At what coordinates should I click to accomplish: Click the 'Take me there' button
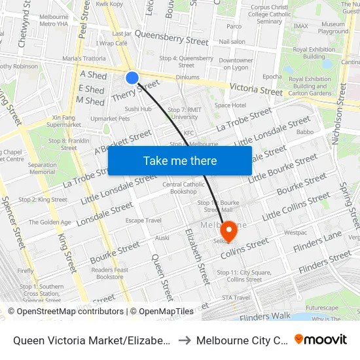(x=180, y=160)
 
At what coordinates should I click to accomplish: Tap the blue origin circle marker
(x=132, y=79)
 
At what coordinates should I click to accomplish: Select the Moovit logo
(x=321, y=340)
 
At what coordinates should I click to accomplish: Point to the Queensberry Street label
(x=171, y=41)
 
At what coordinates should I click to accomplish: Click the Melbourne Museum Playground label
(x=333, y=27)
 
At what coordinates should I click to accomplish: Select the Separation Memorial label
(x=42, y=168)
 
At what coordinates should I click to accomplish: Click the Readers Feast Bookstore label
(x=109, y=273)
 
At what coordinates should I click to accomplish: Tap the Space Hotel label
(x=230, y=105)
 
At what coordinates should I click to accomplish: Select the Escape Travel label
(x=143, y=221)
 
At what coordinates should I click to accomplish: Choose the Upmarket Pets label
(x=110, y=118)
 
